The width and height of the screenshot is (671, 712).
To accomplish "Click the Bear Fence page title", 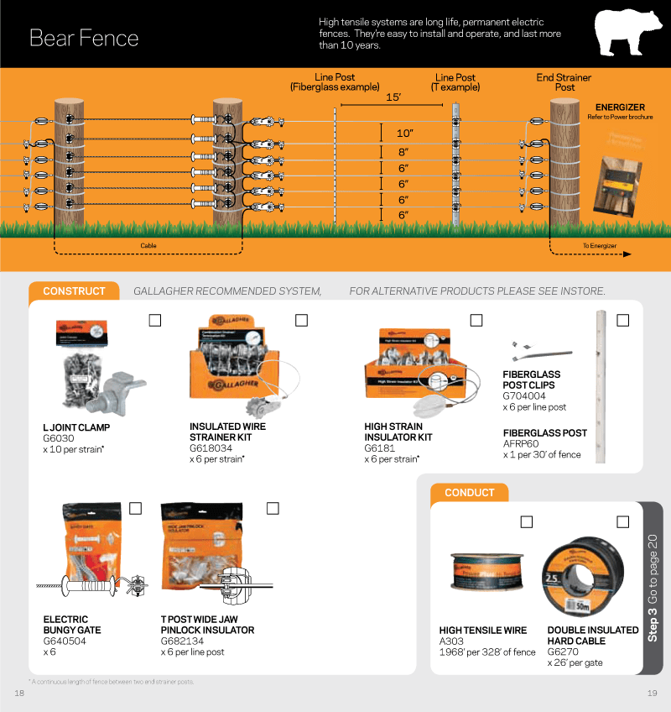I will tap(84, 38).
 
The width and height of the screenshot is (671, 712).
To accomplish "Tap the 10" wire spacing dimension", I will tap(405, 133).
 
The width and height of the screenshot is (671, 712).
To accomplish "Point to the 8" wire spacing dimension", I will tap(405, 152).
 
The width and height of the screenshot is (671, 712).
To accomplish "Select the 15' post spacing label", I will tap(393, 97).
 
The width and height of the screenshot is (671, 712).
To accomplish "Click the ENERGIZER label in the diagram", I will tap(620, 107).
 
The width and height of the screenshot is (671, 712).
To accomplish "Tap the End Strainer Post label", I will tap(564, 82).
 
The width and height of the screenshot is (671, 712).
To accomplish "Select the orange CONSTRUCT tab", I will tap(74, 291).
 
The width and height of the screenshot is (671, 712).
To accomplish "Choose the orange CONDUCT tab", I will tap(469, 493).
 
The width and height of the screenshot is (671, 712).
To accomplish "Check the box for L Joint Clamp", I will tap(155, 320).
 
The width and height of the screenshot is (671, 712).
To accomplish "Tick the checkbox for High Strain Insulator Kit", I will tap(476, 320).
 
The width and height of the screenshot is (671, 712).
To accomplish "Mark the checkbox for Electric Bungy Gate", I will tap(135, 508).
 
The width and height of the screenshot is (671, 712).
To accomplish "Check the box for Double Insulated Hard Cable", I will tap(622, 522).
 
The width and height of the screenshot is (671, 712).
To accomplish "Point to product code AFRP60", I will tap(520, 444).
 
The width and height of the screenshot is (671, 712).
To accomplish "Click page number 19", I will tap(652, 693).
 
